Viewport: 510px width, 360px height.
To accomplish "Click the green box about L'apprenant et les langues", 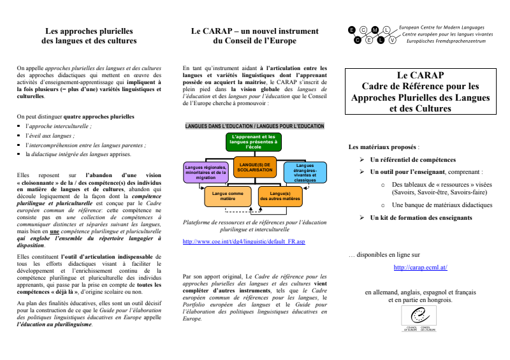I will point(254,141).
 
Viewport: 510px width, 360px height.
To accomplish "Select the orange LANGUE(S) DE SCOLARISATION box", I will point(254,167).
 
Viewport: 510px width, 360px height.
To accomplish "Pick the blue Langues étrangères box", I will point(305,172).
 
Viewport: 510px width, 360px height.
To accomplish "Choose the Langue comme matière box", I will point(228,196).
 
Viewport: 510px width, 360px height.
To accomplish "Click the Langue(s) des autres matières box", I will point(280,196).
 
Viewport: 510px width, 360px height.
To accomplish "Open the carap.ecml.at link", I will point(420,268).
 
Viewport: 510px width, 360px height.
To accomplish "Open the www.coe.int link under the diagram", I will point(244,242).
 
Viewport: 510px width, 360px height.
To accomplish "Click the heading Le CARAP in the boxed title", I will point(420,75).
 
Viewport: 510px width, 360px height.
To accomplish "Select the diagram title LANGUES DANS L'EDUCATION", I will point(254,126).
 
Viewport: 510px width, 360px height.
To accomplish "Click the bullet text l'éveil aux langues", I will point(50,136).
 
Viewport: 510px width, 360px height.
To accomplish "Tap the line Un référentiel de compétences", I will point(413,159).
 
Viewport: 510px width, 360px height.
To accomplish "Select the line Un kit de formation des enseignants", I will point(421,217).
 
